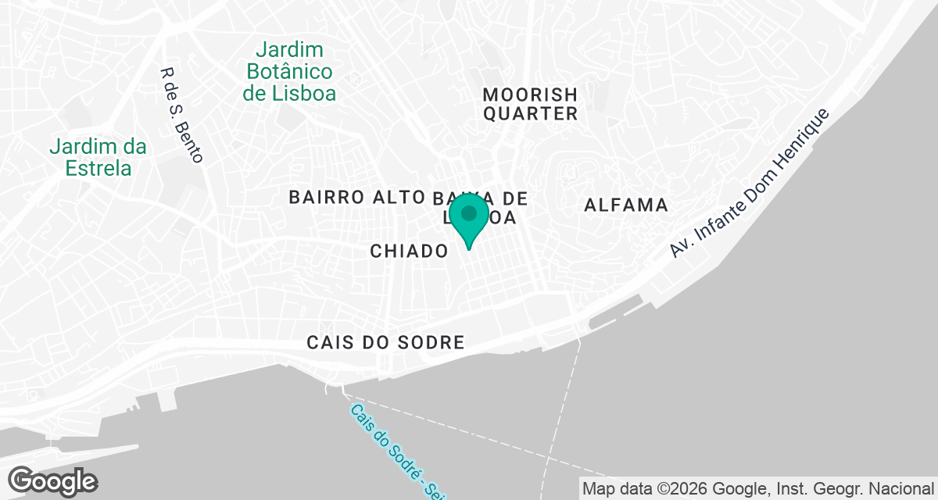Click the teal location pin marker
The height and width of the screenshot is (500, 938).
point(469,216)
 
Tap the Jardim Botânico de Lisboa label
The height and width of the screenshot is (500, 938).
point(290,72)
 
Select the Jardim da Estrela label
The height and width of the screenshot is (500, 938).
point(98,157)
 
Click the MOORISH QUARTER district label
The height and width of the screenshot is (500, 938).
point(530,104)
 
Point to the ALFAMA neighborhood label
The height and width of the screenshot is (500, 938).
point(626,205)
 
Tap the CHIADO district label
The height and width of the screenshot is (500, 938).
point(410,251)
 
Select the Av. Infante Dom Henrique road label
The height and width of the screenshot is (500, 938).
point(749,183)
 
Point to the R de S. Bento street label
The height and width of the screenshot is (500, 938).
point(181,115)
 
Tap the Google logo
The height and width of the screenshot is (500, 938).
point(52,480)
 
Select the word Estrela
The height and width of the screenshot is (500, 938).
point(98,168)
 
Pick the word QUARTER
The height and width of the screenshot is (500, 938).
point(530,114)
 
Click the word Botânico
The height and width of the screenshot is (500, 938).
point(290,72)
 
